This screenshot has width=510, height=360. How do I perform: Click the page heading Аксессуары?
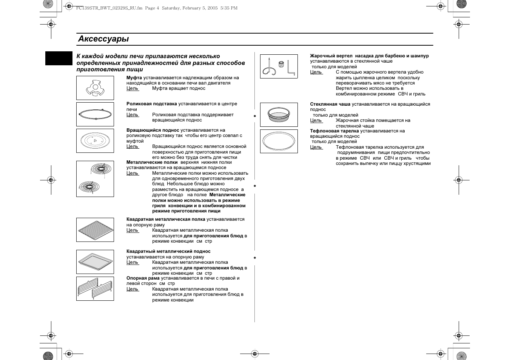[103, 39]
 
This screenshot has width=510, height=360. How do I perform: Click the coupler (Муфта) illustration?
[95, 88]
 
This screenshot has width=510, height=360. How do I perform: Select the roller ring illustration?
[95, 114]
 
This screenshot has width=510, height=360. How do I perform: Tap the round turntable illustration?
[95, 141]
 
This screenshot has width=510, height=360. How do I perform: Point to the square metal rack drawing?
[95, 230]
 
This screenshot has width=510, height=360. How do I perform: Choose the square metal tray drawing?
[95, 262]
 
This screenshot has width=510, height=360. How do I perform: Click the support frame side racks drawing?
[95, 289]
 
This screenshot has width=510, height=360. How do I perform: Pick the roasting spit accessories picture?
[279, 66]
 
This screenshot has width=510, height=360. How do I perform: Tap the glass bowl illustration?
[279, 115]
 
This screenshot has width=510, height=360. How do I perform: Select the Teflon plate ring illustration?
[279, 141]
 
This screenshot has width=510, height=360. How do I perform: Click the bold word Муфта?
[134, 78]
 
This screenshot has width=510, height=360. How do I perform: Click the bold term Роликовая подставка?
[151, 104]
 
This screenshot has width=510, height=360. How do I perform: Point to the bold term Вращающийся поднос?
[153, 130]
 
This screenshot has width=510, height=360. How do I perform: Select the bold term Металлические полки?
[152, 162]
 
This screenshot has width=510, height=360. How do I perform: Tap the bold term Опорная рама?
[143, 278]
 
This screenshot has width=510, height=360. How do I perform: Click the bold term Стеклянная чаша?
[330, 104]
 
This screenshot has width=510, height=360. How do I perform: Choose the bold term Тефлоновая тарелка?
[334, 131]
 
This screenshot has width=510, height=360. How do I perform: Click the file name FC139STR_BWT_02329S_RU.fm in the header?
[108, 8]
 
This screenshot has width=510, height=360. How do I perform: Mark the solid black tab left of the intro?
[59, 58]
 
